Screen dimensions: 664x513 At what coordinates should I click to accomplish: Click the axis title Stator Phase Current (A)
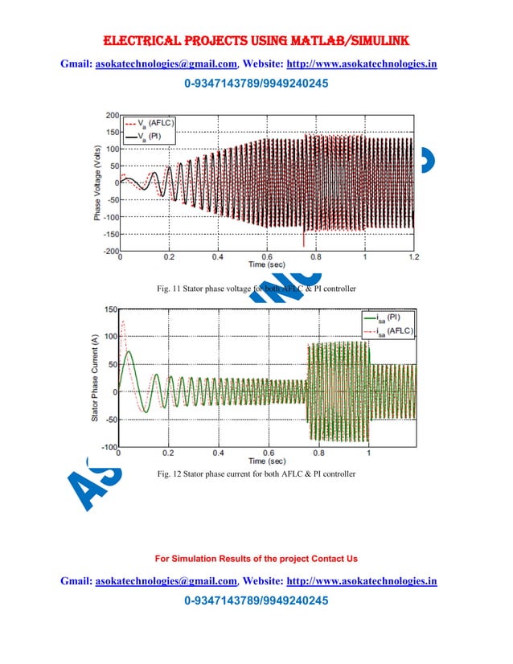(95, 378)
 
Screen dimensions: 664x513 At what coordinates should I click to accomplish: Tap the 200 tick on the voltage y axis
(112, 115)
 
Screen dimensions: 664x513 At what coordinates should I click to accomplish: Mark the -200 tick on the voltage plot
(110, 251)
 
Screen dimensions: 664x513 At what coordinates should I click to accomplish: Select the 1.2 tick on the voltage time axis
(413, 257)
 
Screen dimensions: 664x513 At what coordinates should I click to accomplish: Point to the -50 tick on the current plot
(110, 419)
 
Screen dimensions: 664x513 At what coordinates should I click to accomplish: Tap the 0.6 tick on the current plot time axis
(269, 454)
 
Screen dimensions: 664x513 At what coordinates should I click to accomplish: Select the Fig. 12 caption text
(256, 474)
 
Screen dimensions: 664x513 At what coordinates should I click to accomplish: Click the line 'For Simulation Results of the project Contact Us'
(256, 558)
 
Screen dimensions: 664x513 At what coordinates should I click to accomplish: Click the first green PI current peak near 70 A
(129, 352)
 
